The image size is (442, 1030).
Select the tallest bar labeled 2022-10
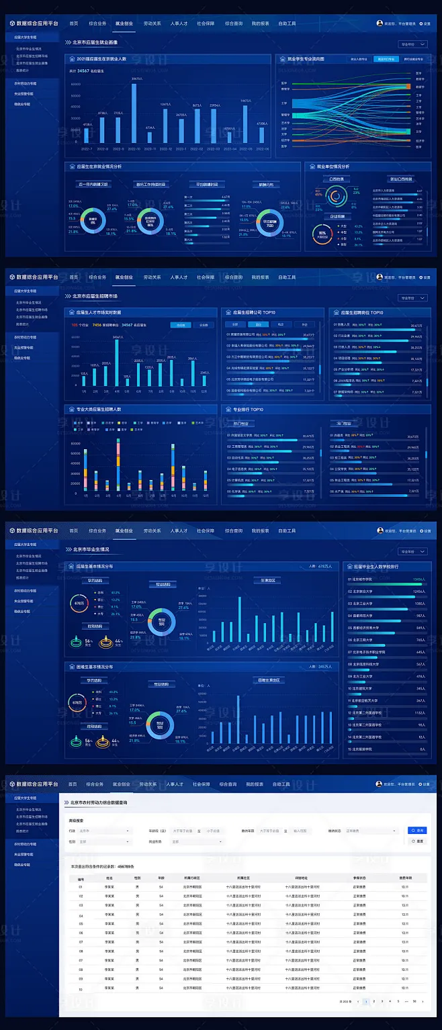[x=137, y=112]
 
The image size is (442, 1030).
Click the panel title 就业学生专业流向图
[x=306, y=59]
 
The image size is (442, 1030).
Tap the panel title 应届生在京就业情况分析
[x=99, y=166]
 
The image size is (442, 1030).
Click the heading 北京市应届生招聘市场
[x=95, y=295]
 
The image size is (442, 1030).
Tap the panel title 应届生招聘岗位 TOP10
[x=361, y=312]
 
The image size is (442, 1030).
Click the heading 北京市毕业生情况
[x=91, y=549]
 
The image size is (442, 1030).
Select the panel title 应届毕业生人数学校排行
[x=373, y=566]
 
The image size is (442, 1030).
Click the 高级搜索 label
[x=75, y=820]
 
